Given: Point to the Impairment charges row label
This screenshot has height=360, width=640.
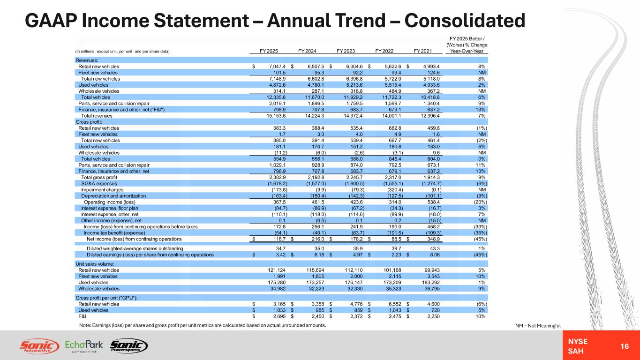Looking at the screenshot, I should point(100,190).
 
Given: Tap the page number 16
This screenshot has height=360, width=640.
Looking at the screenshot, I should point(624,345).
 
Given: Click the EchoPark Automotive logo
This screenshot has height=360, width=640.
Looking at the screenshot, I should point(84,346).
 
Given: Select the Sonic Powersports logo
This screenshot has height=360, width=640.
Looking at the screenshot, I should point(128,346).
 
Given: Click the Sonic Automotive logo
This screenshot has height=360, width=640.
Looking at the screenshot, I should point(39,346).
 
